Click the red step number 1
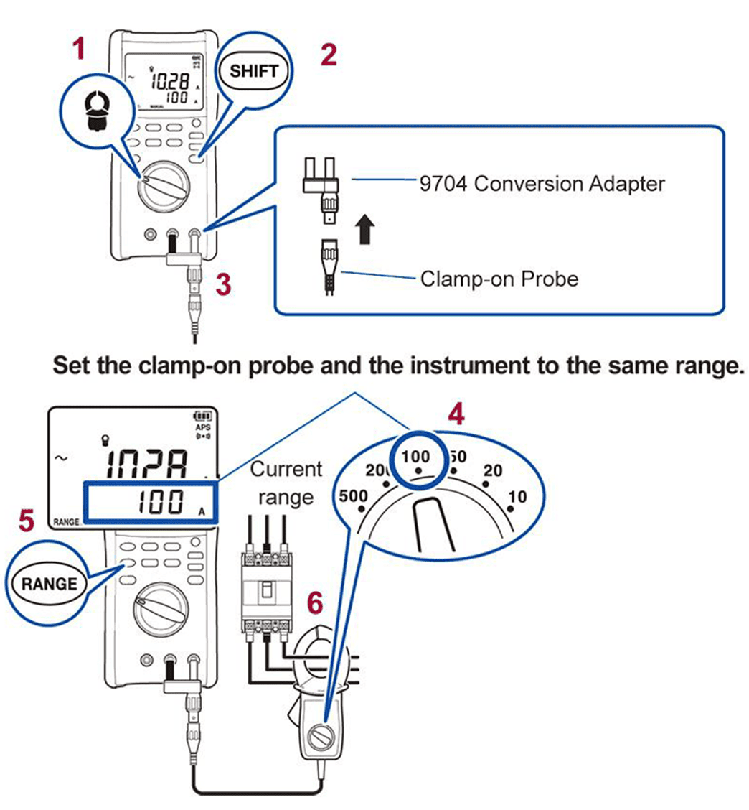coord(80,49)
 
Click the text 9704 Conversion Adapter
coord(542,183)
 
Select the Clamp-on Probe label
coord(499,278)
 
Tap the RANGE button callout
coord(50,583)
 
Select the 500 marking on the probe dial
coord(353,495)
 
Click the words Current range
coord(286,483)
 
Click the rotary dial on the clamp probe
coord(322,737)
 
